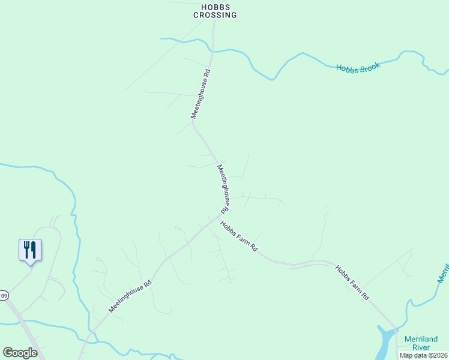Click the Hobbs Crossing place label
(215, 11)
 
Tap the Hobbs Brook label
(358, 68)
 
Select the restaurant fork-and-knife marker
(30, 250)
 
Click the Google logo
(20, 352)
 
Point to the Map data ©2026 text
(424, 355)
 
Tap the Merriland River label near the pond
(425, 343)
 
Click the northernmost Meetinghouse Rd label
(200, 94)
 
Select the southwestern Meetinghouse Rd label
(130, 297)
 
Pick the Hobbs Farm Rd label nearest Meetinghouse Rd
(238, 236)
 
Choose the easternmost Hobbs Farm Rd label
(352, 283)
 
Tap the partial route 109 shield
(4, 295)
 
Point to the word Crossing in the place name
(215, 15)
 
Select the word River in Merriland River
(425, 347)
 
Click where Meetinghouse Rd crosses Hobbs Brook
(212, 52)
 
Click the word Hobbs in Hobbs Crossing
(215, 7)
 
